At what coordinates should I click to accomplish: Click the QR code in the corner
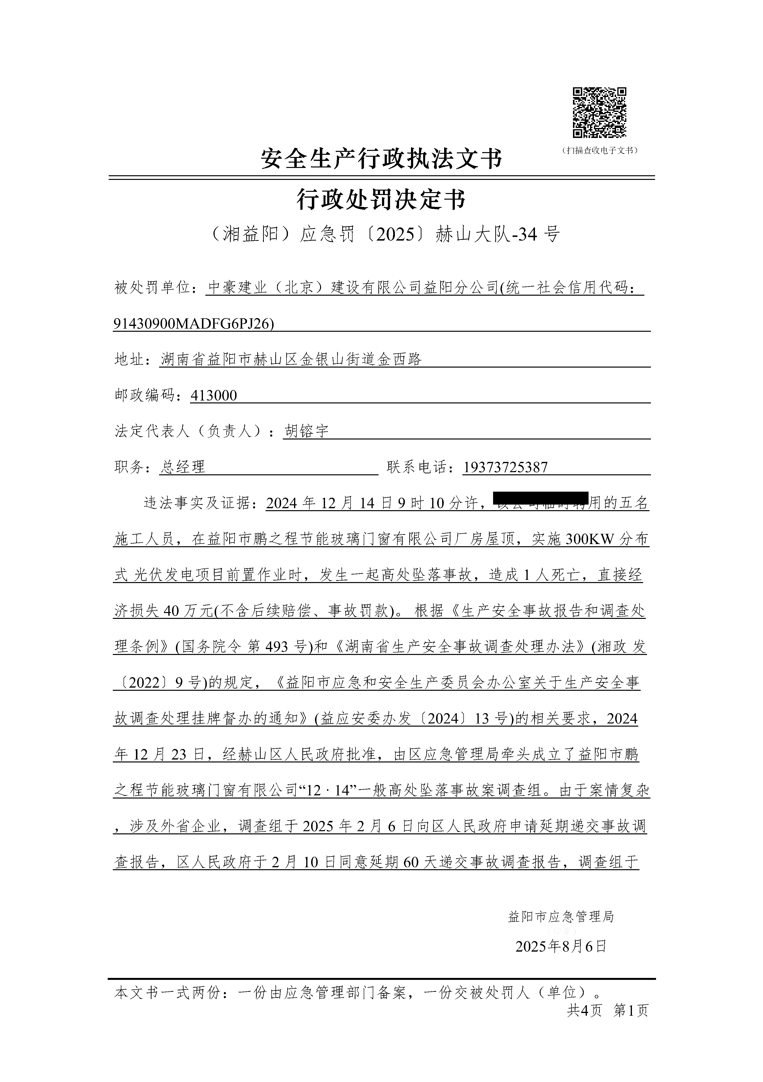(599, 113)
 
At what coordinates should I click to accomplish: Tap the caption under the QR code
(600, 150)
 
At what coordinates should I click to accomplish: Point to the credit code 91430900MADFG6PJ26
(193, 323)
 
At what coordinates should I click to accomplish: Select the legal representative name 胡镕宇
(307, 431)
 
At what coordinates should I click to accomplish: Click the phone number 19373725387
(505, 467)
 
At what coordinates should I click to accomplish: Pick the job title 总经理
(183, 467)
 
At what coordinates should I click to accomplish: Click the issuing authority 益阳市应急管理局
(561, 916)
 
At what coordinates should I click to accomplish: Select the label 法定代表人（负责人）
(190, 431)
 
